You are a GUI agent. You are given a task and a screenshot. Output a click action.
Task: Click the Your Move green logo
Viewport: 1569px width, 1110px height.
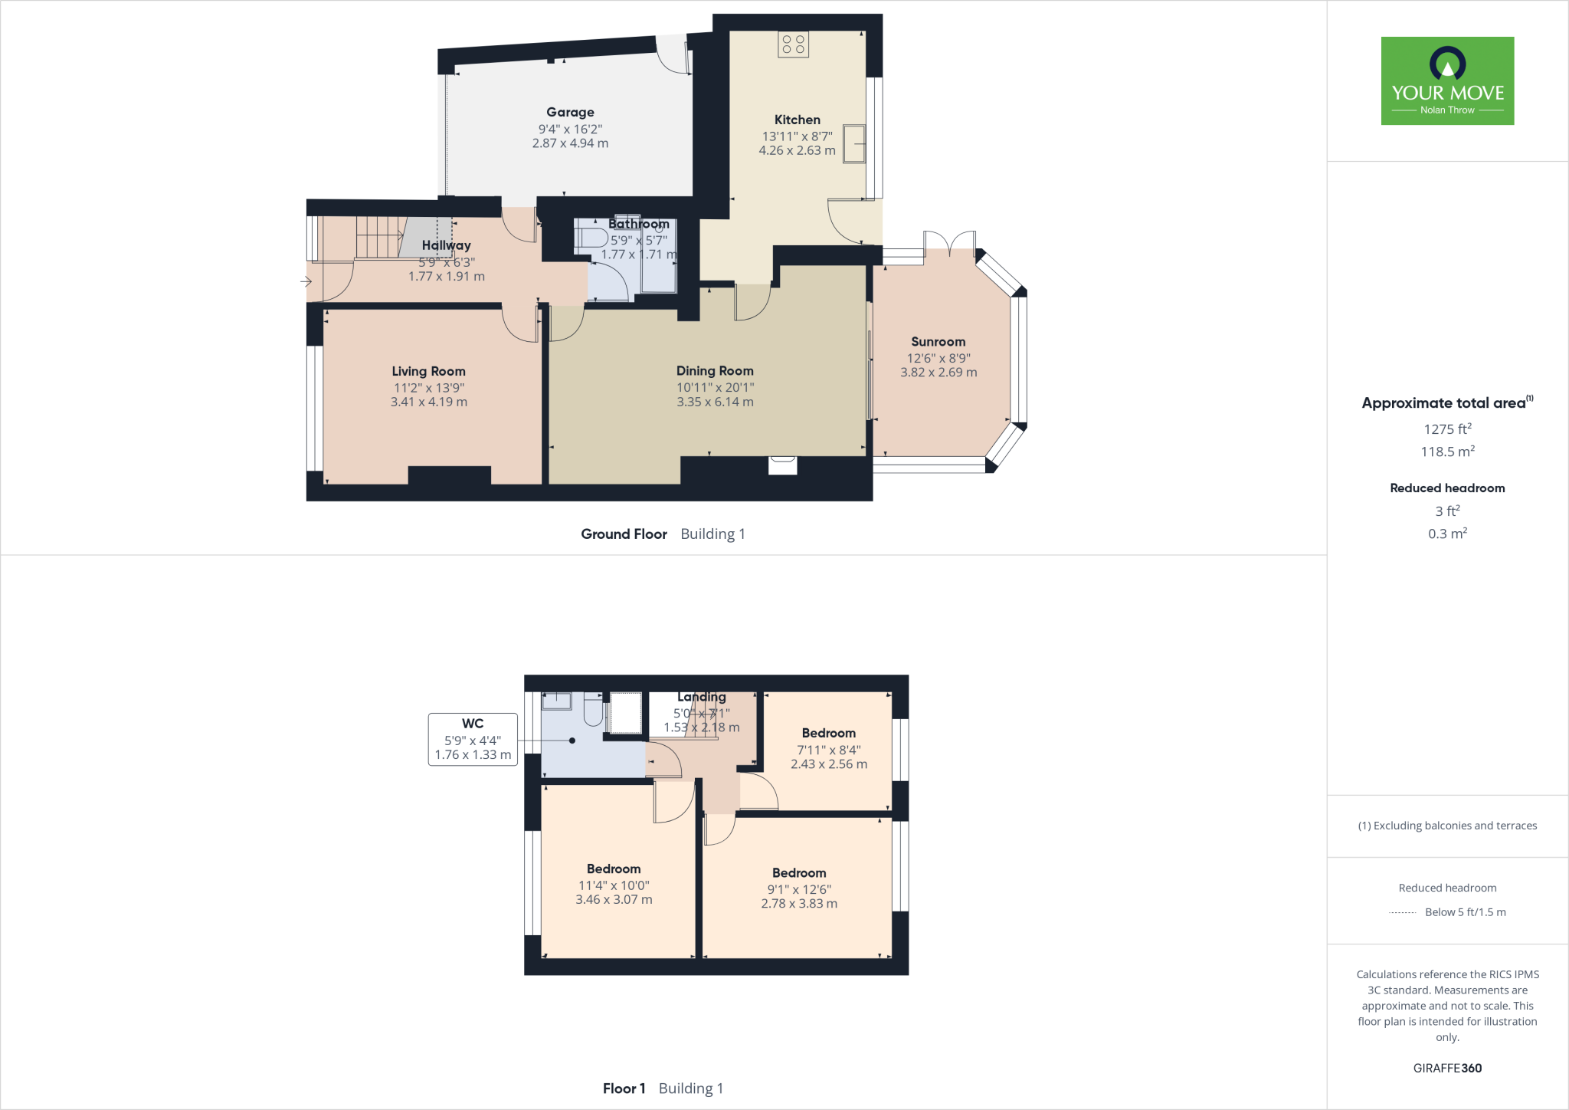(x=1447, y=80)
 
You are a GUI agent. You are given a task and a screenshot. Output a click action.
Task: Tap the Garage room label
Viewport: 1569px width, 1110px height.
(x=570, y=112)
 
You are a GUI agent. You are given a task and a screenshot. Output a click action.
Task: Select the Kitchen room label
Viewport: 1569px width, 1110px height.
(x=797, y=120)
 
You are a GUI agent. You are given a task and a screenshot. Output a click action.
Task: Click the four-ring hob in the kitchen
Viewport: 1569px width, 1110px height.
(x=793, y=44)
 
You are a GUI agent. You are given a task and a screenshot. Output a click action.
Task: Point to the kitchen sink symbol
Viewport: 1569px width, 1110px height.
(x=853, y=143)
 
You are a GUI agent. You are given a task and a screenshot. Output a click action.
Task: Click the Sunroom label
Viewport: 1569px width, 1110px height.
(x=938, y=342)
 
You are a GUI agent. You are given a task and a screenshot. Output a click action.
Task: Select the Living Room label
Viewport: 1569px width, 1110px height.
(x=428, y=371)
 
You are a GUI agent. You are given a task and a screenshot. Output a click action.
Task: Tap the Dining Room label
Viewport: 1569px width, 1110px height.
(x=714, y=371)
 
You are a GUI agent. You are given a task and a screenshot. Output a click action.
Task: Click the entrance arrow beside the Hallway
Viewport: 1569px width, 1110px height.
(x=306, y=281)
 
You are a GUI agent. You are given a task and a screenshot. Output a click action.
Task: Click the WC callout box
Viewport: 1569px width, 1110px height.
(x=473, y=739)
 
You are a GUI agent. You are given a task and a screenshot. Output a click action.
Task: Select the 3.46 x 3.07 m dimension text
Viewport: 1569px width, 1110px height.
(x=614, y=900)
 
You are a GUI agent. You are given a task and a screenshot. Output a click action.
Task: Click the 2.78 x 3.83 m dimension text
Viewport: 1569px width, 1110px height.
(x=799, y=904)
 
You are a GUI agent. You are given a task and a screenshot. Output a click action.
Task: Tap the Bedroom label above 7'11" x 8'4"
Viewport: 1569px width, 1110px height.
(x=828, y=733)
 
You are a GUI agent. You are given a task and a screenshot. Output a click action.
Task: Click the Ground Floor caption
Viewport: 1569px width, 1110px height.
(x=624, y=534)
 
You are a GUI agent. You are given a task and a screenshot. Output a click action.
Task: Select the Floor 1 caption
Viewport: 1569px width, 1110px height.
(x=624, y=1089)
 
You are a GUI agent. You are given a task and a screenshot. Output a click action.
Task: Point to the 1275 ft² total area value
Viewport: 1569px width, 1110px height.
(x=1447, y=429)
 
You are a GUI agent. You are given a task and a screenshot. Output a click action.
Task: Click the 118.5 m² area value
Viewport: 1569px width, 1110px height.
(x=1447, y=452)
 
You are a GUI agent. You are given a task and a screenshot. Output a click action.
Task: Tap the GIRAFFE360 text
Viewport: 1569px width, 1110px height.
(x=1447, y=1068)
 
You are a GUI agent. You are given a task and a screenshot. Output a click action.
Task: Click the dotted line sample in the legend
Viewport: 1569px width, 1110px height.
(x=1402, y=912)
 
